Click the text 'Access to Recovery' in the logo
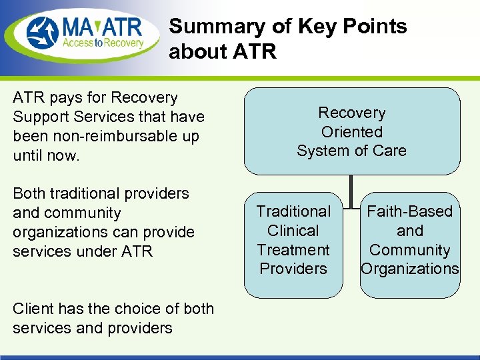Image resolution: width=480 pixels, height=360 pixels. (x=103, y=43)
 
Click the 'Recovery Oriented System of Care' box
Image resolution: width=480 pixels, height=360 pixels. (x=351, y=131)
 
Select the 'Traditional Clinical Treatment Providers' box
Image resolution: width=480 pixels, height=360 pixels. (x=293, y=244)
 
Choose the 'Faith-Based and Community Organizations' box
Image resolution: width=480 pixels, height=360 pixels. (x=409, y=244)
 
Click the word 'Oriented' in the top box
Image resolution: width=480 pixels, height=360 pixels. (x=351, y=132)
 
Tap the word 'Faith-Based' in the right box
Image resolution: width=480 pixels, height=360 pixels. (x=409, y=211)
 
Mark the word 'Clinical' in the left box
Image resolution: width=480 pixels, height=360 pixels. (x=293, y=231)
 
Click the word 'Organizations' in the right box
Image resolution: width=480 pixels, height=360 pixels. (x=409, y=269)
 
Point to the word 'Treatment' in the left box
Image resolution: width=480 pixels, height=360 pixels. (x=293, y=250)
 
